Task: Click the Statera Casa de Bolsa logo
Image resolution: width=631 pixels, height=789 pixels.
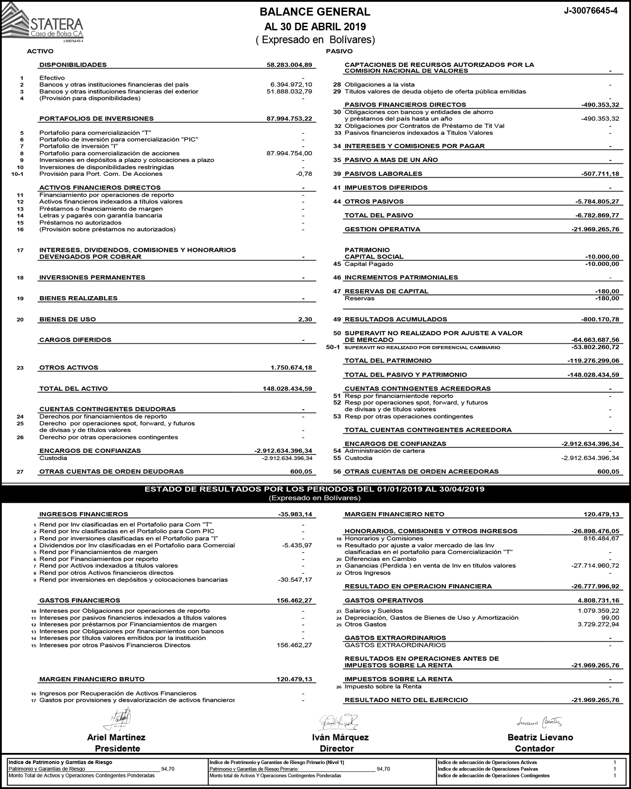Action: click(x=42, y=22)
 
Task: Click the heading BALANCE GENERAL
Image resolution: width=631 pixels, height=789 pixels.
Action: click(x=315, y=12)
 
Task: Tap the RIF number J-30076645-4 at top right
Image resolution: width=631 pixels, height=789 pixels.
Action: click(x=590, y=11)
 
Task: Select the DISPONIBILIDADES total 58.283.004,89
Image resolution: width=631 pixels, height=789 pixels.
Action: click(x=289, y=65)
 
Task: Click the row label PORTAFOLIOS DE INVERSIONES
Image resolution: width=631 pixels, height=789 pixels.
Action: click(x=96, y=118)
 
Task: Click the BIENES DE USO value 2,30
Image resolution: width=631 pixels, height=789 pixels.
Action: click(x=305, y=319)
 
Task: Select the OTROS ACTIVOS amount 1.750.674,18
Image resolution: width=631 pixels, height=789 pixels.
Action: click(x=291, y=367)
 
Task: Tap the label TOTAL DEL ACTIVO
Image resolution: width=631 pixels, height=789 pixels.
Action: click(x=73, y=388)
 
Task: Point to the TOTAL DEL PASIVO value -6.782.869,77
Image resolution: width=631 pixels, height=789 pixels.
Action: click(x=597, y=215)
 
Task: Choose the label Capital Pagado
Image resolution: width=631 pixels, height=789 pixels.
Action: click(x=369, y=264)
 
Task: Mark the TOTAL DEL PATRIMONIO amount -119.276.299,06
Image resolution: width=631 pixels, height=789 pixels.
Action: click(x=593, y=360)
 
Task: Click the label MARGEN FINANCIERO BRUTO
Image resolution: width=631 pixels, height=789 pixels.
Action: click(x=92, y=679)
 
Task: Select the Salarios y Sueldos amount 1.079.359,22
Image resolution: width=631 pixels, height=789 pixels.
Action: click(x=598, y=611)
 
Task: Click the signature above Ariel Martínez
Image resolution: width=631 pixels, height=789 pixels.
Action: click(x=118, y=718)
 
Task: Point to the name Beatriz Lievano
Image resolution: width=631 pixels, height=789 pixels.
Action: click(x=540, y=737)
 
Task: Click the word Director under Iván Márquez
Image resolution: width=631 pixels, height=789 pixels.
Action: click(x=337, y=748)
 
